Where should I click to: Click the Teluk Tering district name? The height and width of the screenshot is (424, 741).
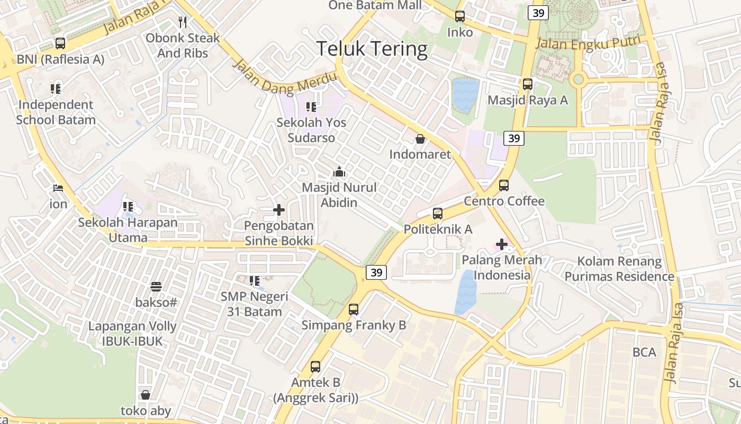(372, 49)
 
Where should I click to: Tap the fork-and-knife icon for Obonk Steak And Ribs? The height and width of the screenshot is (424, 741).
(183, 22)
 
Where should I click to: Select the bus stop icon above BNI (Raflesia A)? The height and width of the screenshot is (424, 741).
(60, 43)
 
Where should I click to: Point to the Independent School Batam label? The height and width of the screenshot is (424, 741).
(56, 112)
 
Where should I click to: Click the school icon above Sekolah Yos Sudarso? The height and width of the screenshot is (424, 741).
(311, 107)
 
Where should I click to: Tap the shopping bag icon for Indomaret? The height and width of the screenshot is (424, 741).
(420, 139)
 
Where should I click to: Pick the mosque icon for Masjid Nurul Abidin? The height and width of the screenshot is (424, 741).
(339, 172)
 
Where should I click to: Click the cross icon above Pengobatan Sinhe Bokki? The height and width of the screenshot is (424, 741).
(279, 210)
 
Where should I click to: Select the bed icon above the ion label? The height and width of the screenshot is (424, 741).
(58, 188)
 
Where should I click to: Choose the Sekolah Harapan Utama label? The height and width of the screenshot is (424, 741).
(128, 229)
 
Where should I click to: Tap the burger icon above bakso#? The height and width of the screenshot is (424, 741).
(156, 287)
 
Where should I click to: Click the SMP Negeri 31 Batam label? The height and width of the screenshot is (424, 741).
(255, 304)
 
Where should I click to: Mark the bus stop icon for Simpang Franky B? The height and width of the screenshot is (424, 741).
(354, 310)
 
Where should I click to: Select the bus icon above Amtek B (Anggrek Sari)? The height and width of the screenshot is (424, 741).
(315, 366)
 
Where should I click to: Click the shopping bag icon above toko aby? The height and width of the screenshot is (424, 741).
(146, 395)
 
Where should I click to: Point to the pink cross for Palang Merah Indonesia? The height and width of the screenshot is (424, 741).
(501, 244)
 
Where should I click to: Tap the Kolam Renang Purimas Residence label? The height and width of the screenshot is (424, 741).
(619, 269)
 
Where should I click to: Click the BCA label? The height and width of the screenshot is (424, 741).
(644, 352)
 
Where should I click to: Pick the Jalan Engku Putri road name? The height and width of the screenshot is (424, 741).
(588, 42)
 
